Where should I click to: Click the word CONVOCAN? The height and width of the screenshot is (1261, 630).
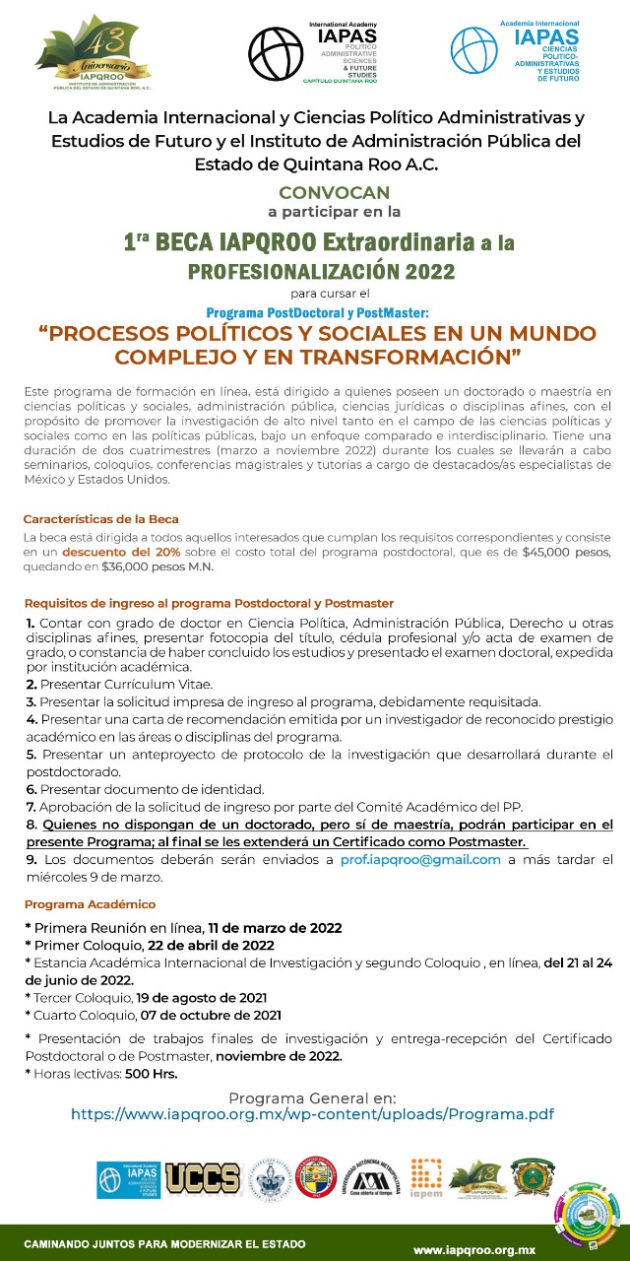(335, 193)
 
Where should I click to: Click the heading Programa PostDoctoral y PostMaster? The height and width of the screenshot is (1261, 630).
(318, 312)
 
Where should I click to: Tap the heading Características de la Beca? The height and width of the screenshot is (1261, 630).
(101, 518)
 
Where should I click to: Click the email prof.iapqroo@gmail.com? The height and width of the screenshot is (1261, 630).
(420, 859)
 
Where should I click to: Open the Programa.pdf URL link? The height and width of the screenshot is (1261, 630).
(312, 1114)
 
